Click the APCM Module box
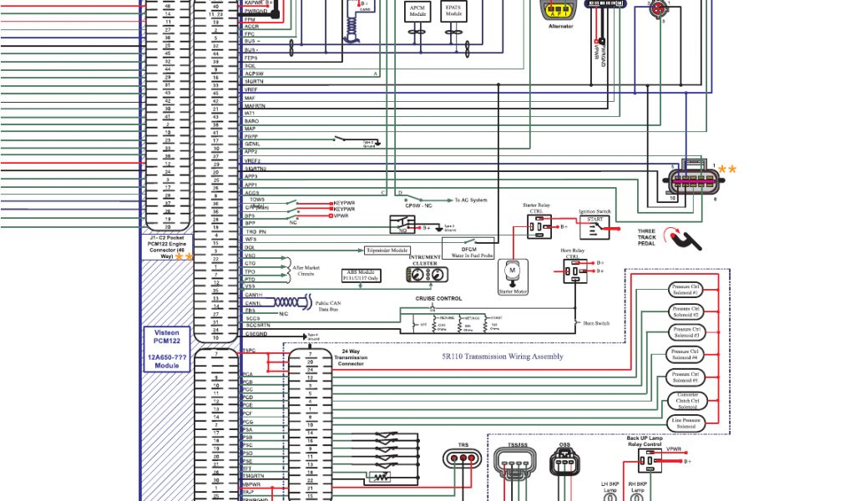(x=417, y=12)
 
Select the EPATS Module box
(x=453, y=12)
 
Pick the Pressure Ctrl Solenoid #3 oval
(x=686, y=332)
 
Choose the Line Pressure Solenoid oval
(x=686, y=423)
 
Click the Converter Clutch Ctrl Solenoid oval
(x=687, y=401)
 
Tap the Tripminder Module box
(x=387, y=250)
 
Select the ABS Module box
(x=362, y=275)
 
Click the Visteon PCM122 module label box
(x=167, y=349)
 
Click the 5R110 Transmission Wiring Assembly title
(x=503, y=357)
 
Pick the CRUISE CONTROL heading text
(x=438, y=298)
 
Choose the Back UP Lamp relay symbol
(x=647, y=460)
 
